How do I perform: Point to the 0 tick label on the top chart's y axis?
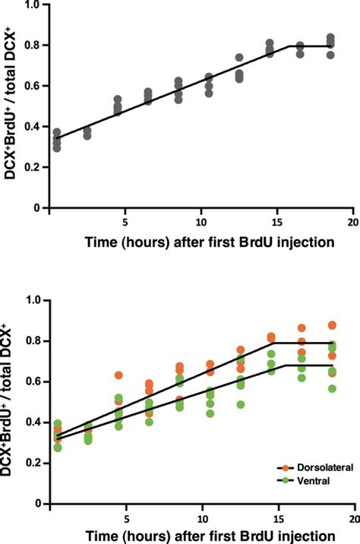click(36, 207)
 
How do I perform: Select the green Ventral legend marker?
click(280, 482)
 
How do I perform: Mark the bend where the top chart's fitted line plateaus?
click(290, 46)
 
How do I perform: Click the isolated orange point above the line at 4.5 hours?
click(118, 375)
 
